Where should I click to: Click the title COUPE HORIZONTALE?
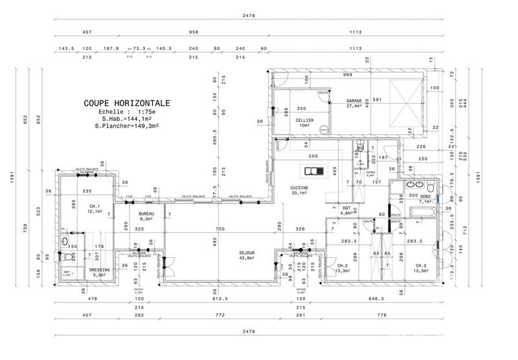coord(127,102)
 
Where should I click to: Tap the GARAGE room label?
coord(354,102)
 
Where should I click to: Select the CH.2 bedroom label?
coord(344,266)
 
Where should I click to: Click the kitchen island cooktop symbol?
coord(311,171)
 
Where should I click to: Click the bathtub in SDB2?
coord(422,211)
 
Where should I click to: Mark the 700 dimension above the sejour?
coord(220,229)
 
